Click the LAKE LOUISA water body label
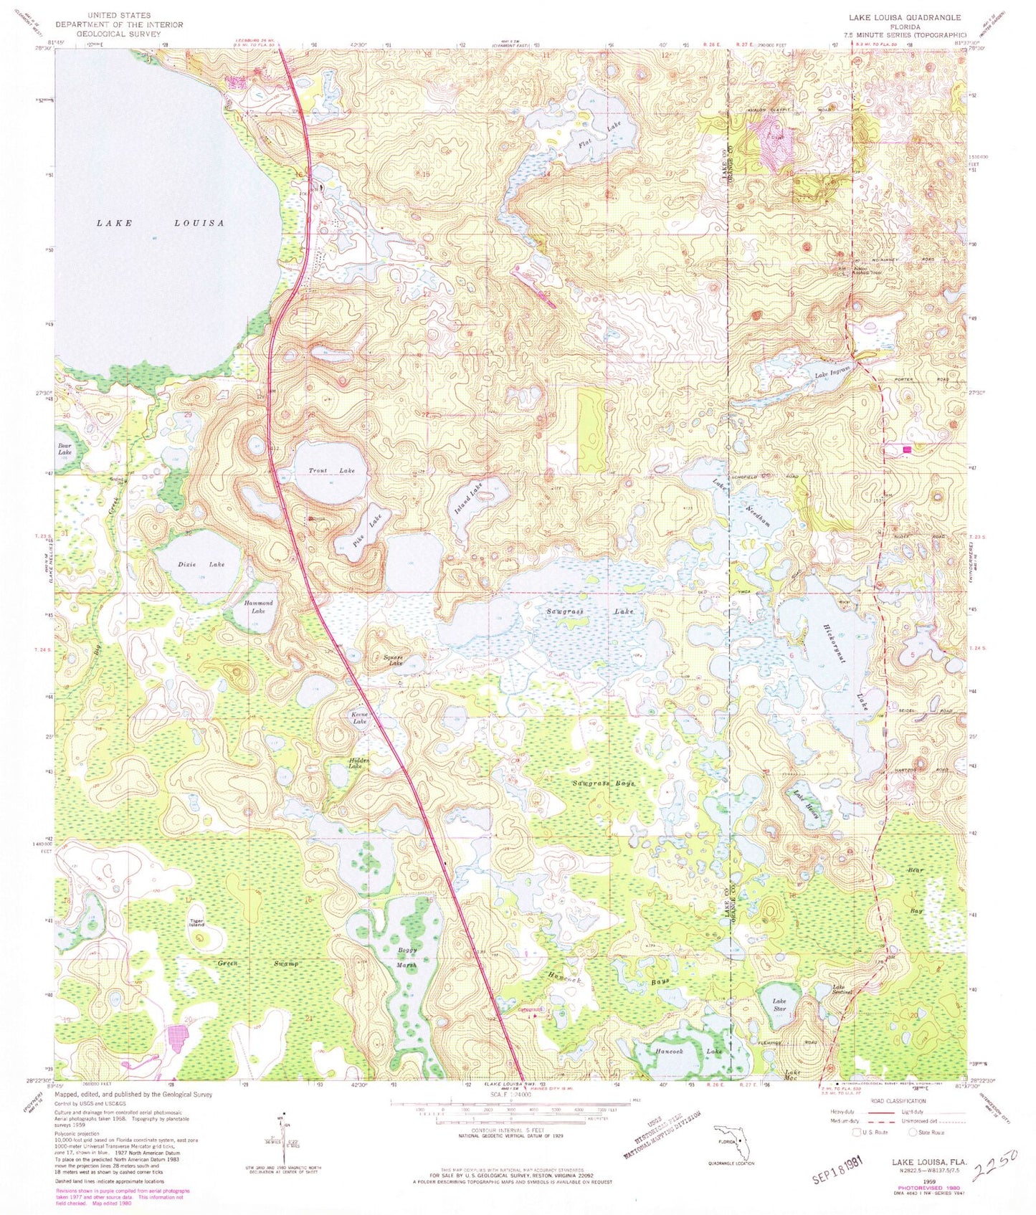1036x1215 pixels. pos(161,223)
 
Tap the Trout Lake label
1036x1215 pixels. pos(331,470)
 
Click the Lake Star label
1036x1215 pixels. pos(779,1005)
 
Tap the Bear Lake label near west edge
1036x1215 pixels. pos(65,449)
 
